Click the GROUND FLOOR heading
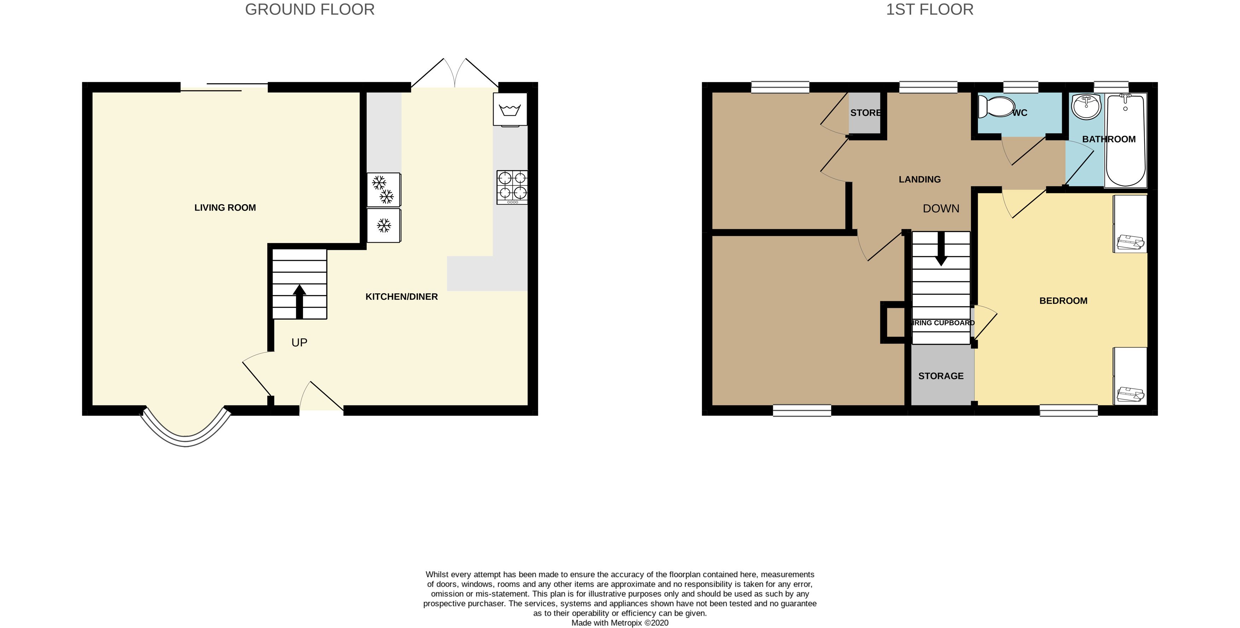tap(309, 10)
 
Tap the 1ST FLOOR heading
tap(929, 10)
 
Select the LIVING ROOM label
tap(225, 208)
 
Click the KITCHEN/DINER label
tap(401, 296)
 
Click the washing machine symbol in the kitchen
tap(510, 110)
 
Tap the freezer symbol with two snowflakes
tap(384, 189)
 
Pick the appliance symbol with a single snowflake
tap(384, 225)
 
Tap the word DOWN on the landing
tap(941, 208)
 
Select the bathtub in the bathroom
tap(1125, 140)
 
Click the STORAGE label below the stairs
tap(941, 376)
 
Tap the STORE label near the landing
tap(865, 113)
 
